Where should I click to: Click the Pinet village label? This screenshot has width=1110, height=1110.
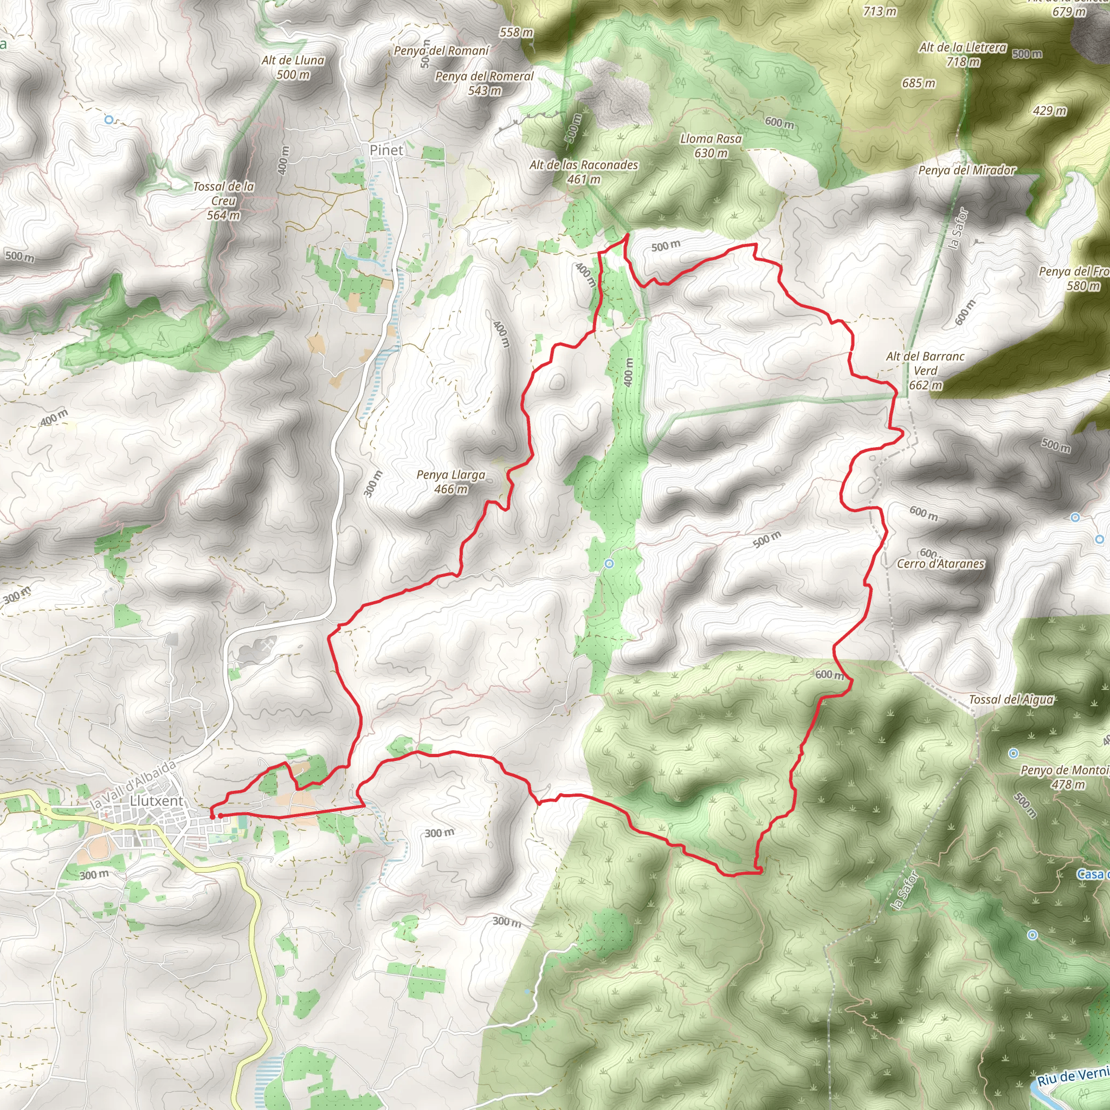tap(386, 150)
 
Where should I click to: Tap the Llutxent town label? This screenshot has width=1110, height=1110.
tap(156, 801)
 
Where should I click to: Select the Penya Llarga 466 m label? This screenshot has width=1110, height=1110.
tap(451, 482)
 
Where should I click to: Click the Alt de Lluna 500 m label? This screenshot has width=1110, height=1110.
tap(293, 67)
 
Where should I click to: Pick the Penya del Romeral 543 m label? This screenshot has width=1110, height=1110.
tap(485, 83)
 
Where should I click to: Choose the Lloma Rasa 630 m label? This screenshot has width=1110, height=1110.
tap(711, 146)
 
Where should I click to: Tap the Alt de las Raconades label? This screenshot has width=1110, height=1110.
tap(584, 172)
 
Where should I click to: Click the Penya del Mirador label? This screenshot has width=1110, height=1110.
tap(967, 170)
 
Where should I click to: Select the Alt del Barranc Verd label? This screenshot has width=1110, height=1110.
tap(925, 371)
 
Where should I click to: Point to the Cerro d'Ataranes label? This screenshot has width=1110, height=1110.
tap(940, 564)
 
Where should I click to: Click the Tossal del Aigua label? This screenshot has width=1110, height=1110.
tap(1011, 699)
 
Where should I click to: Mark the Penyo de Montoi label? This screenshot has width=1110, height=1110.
tap(1064, 777)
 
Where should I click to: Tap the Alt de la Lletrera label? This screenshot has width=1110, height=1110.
tap(963, 55)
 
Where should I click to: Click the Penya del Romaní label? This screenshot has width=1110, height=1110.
tap(441, 50)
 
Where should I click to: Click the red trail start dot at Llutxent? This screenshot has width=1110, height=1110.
tap(212, 816)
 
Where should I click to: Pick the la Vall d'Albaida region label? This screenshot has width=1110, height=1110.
tap(133, 784)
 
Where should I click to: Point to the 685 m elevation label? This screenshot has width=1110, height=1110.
tap(919, 83)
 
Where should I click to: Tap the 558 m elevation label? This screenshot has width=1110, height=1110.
tap(516, 32)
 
